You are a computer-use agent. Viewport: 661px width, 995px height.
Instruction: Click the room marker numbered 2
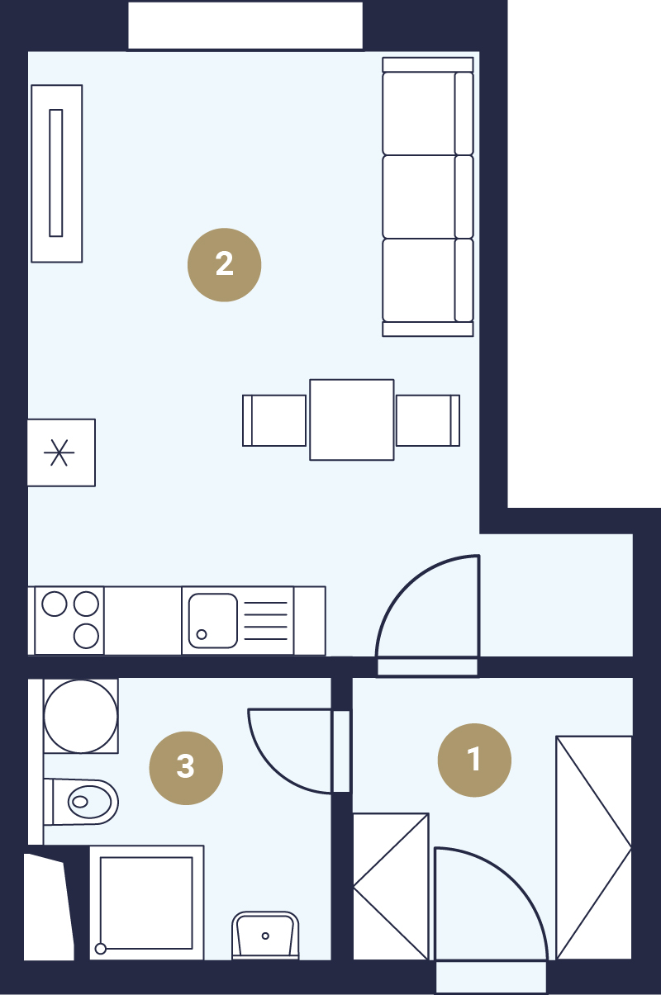[x=224, y=265]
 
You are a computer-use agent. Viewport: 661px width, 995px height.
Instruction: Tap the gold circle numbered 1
[x=474, y=760]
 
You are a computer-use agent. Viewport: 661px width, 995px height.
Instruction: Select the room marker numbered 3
[x=186, y=768]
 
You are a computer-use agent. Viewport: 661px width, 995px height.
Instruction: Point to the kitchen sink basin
[x=213, y=621]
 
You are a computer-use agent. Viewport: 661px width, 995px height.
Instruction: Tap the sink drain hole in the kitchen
[x=202, y=634]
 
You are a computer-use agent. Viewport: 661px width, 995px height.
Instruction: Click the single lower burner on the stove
[x=86, y=636]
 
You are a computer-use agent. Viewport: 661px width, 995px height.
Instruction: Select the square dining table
[x=352, y=419]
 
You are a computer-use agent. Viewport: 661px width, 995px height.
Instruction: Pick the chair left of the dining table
[x=274, y=420]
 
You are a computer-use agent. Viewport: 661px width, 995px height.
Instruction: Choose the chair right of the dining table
[x=428, y=420]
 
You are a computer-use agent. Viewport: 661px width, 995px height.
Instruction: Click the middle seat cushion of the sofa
[x=419, y=197]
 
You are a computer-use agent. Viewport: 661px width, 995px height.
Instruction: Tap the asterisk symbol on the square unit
[x=59, y=452]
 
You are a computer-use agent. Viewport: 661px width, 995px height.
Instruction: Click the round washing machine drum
[x=80, y=716]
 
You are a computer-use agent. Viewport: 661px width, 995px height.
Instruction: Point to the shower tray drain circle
[x=101, y=949]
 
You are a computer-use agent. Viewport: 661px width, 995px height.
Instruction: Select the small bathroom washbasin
[x=265, y=935]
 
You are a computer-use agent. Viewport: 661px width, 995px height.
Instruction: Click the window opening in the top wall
[x=245, y=26]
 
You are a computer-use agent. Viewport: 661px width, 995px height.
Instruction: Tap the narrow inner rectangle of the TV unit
[x=55, y=173]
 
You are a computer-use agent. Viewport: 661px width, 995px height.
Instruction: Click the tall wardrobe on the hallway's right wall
[x=594, y=847]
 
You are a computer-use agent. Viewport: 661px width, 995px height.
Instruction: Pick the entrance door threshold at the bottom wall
[x=491, y=976]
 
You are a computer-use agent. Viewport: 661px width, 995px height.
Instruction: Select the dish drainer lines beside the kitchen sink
[x=266, y=621]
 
